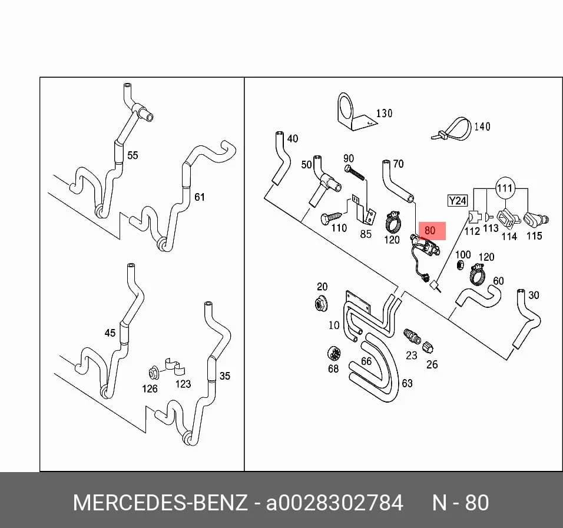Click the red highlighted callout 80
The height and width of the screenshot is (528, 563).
(x=430, y=230)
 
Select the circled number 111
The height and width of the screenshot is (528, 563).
(x=505, y=188)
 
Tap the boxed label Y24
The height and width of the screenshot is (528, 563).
(x=458, y=200)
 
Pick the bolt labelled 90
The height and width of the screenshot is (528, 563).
(x=354, y=172)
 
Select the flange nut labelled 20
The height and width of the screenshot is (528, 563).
(x=320, y=304)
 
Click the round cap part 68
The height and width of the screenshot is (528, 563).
(x=334, y=354)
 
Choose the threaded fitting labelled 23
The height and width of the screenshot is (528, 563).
(x=412, y=336)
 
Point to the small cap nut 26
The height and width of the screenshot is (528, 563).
(x=428, y=347)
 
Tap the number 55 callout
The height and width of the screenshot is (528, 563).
(x=133, y=155)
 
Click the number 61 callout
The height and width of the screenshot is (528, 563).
(x=200, y=197)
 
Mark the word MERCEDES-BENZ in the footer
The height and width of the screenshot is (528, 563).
(x=160, y=503)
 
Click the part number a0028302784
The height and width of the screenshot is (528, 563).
(x=335, y=503)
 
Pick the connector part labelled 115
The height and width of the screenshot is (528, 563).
(x=535, y=219)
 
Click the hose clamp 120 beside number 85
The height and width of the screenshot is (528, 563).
(x=394, y=222)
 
